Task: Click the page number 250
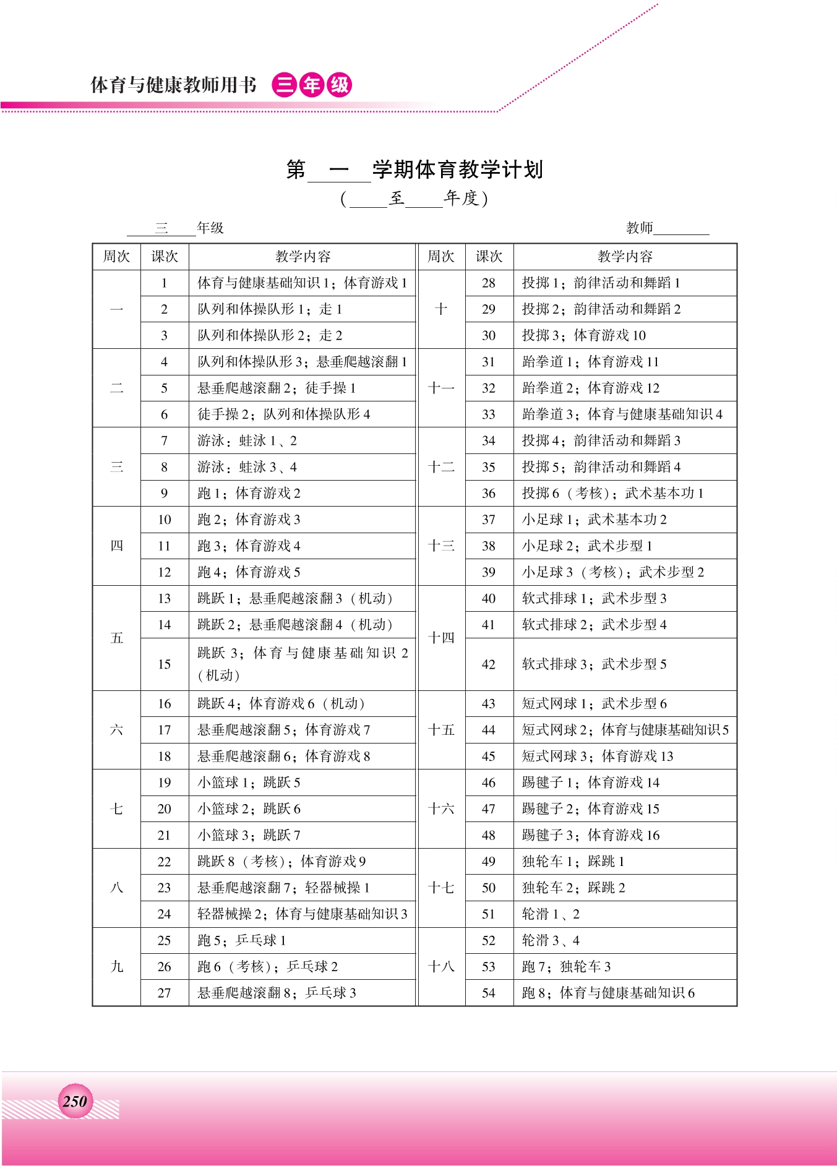click(x=75, y=1101)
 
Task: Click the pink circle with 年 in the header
click(x=312, y=85)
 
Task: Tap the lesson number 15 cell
click(x=164, y=664)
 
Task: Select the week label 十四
click(x=441, y=638)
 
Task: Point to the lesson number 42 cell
click(x=489, y=664)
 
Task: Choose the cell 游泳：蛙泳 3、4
click(x=247, y=467)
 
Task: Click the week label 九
click(x=116, y=967)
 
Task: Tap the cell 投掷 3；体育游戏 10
click(x=583, y=335)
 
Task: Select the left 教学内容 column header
click(x=303, y=257)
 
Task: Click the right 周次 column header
click(x=441, y=257)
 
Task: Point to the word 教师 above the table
click(x=639, y=228)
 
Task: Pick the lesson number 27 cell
click(x=164, y=993)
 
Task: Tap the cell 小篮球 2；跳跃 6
click(x=249, y=809)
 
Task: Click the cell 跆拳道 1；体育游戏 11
click(x=590, y=362)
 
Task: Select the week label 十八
click(x=441, y=967)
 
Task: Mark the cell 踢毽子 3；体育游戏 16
click(x=590, y=836)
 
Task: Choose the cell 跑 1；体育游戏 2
click(x=249, y=494)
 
